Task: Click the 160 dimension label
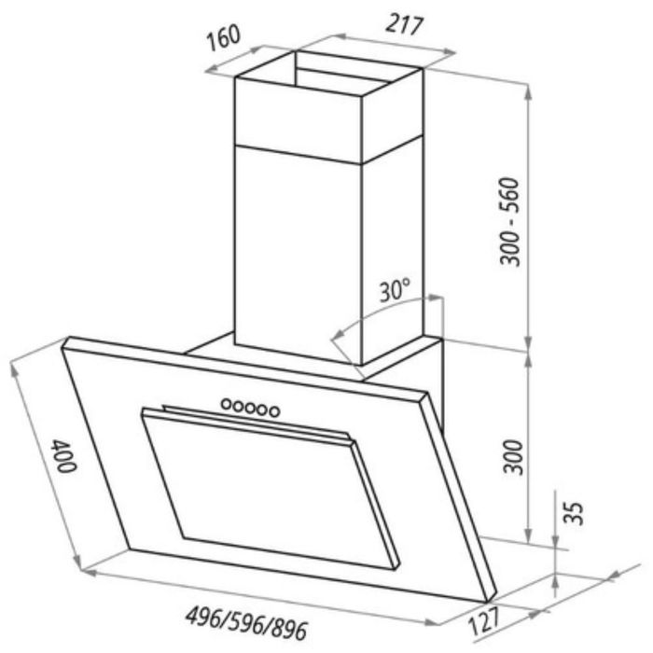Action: pyautogui.click(x=224, y=37)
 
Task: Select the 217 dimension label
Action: pyautogui.click(x=404, y=25)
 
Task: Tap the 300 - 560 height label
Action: pyautogui.click(x=509, y=222)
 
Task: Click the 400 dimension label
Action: pyautogui.click(x=63, y=455)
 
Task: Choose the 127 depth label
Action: pyautogui.click(x=484, y=620)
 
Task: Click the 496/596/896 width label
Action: pyautogui.click(x=246, y=624)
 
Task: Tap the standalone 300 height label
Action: pyautogui.click(x=513, y=457)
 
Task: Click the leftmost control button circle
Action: pyautogui.click(x=227, y=403)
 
